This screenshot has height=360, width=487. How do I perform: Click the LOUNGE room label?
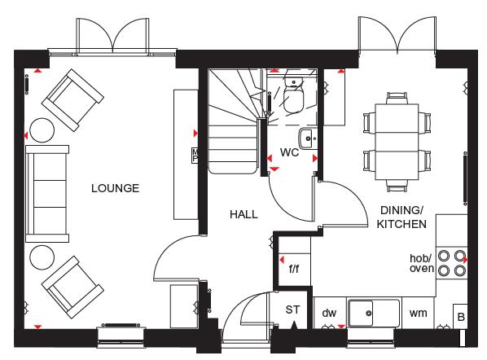[115, 188]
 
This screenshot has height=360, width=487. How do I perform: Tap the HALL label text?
[243, 214]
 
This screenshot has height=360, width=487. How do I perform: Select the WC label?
[290, 152]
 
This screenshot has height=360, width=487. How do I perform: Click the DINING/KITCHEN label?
[401, 216]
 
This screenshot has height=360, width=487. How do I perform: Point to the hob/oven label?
[421, 263]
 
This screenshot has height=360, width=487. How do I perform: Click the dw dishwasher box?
[329, 313]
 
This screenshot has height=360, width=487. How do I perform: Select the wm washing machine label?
[418, 313]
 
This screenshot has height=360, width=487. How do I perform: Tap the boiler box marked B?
[460, 318]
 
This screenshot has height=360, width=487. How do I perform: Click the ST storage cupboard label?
[293, 310]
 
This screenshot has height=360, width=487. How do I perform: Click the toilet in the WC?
[293, 99]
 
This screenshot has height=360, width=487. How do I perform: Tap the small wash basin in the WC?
[306, 137]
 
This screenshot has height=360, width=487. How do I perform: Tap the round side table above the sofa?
[39, 129]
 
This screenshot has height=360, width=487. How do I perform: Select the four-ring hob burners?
[452, 262]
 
